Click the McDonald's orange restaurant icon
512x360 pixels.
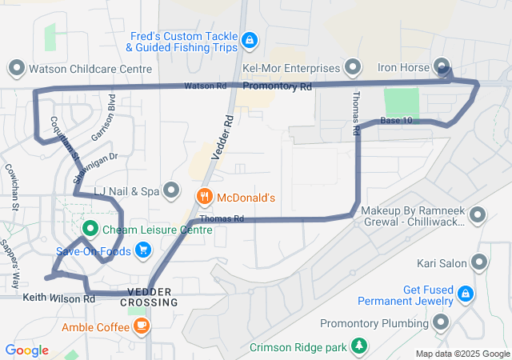tap(205, 196)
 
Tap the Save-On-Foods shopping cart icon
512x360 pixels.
tap(143, 250)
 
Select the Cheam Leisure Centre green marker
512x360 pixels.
tap(90, 230)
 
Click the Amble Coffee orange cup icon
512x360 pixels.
tap(142, 325)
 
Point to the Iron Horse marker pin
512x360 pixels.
tap(442, 66)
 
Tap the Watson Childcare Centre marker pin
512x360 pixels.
tap(16, 67)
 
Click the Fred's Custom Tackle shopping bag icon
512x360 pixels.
tap(250, 40)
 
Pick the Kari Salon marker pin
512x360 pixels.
tap(478, 262)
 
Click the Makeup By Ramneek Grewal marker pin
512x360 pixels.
tap(478, 214)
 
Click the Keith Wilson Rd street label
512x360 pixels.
tap(59, 298)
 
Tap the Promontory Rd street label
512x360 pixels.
tap(277, 86)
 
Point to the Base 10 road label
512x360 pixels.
tap(396, 121)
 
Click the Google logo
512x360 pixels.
tap(27, 350)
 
